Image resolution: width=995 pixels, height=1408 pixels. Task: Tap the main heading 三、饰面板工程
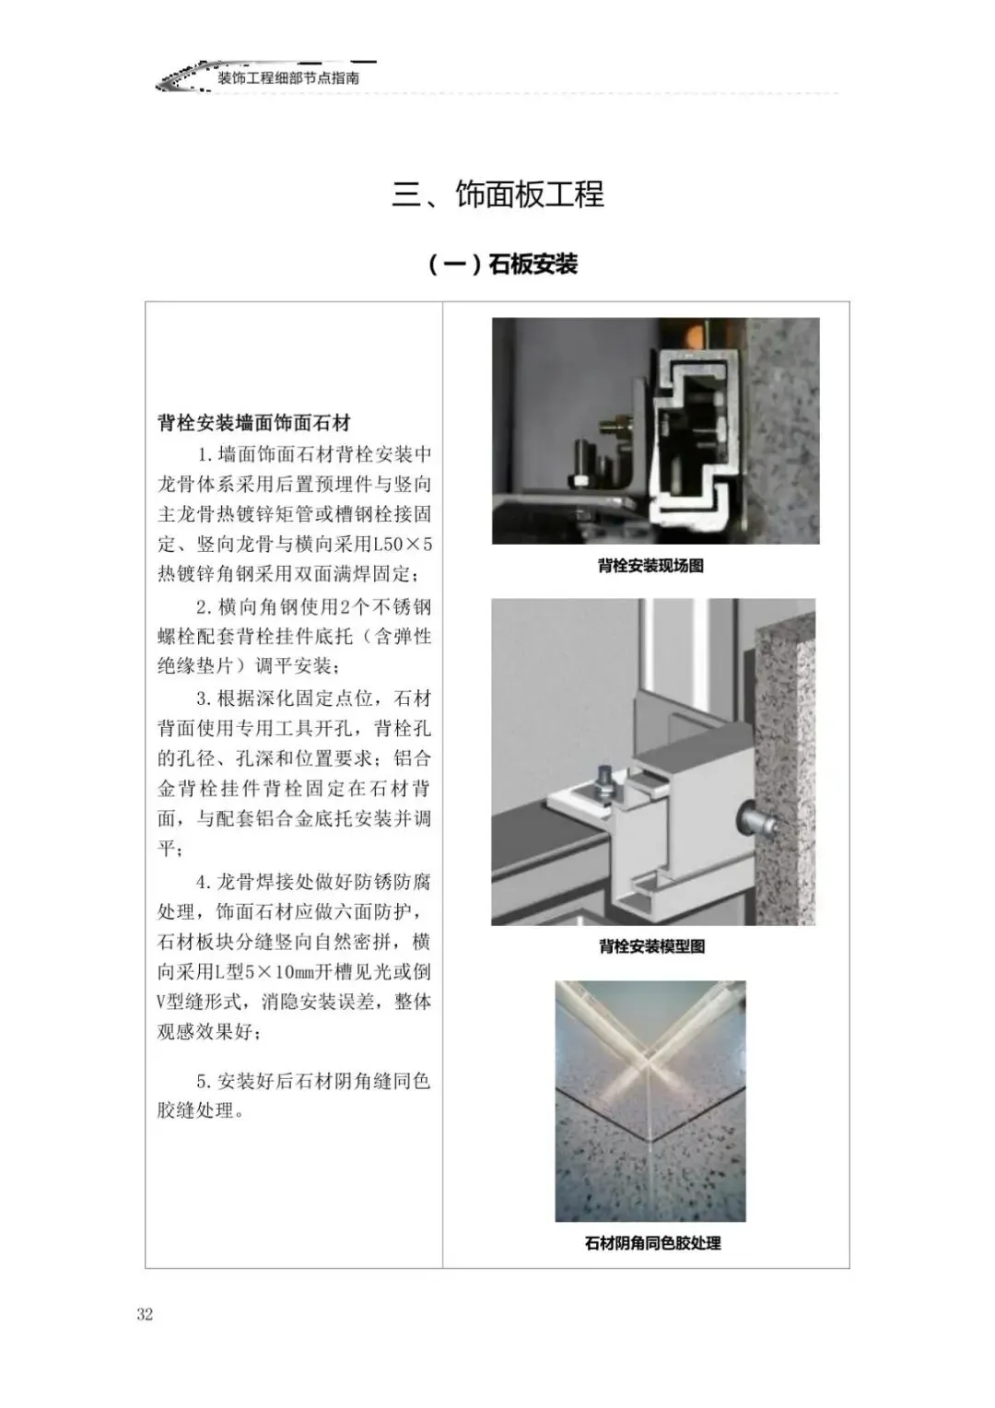coord(497,194)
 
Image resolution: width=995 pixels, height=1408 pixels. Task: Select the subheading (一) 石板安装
coord(503,264)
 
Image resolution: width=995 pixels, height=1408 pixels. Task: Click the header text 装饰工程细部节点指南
coord(288,78)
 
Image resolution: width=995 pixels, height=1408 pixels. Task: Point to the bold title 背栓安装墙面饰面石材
coord(254,423)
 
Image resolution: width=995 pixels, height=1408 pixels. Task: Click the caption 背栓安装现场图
coord(650,566)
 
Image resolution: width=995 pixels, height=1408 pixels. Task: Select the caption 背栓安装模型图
coord(651,946)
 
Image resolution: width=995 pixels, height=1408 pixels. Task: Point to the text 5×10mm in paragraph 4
coord(279,972)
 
